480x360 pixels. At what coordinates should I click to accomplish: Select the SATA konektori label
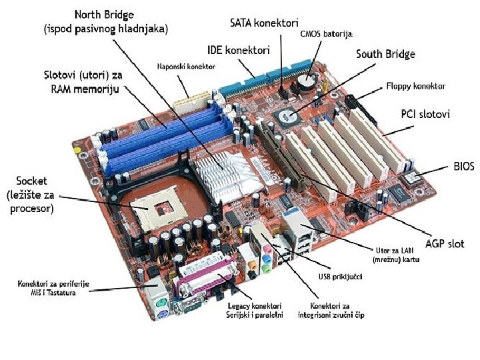(x=264, y=23)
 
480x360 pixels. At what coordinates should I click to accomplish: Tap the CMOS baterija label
(x=326, y=33)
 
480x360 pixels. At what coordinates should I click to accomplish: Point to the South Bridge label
(x=385, y=54)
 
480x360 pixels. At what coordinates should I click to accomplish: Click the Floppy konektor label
(x=416, y=86)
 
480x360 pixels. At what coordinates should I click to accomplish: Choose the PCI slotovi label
(x=425, y=115)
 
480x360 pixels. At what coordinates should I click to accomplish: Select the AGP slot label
(x=445, y=243)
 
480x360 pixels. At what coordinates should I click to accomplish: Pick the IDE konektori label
(x=238, y=50)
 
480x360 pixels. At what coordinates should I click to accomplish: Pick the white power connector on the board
(x=185, y=101)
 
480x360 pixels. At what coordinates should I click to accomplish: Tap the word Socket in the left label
(x=33, y=181)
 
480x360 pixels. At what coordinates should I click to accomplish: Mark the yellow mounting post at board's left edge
(x=79, y=151)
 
